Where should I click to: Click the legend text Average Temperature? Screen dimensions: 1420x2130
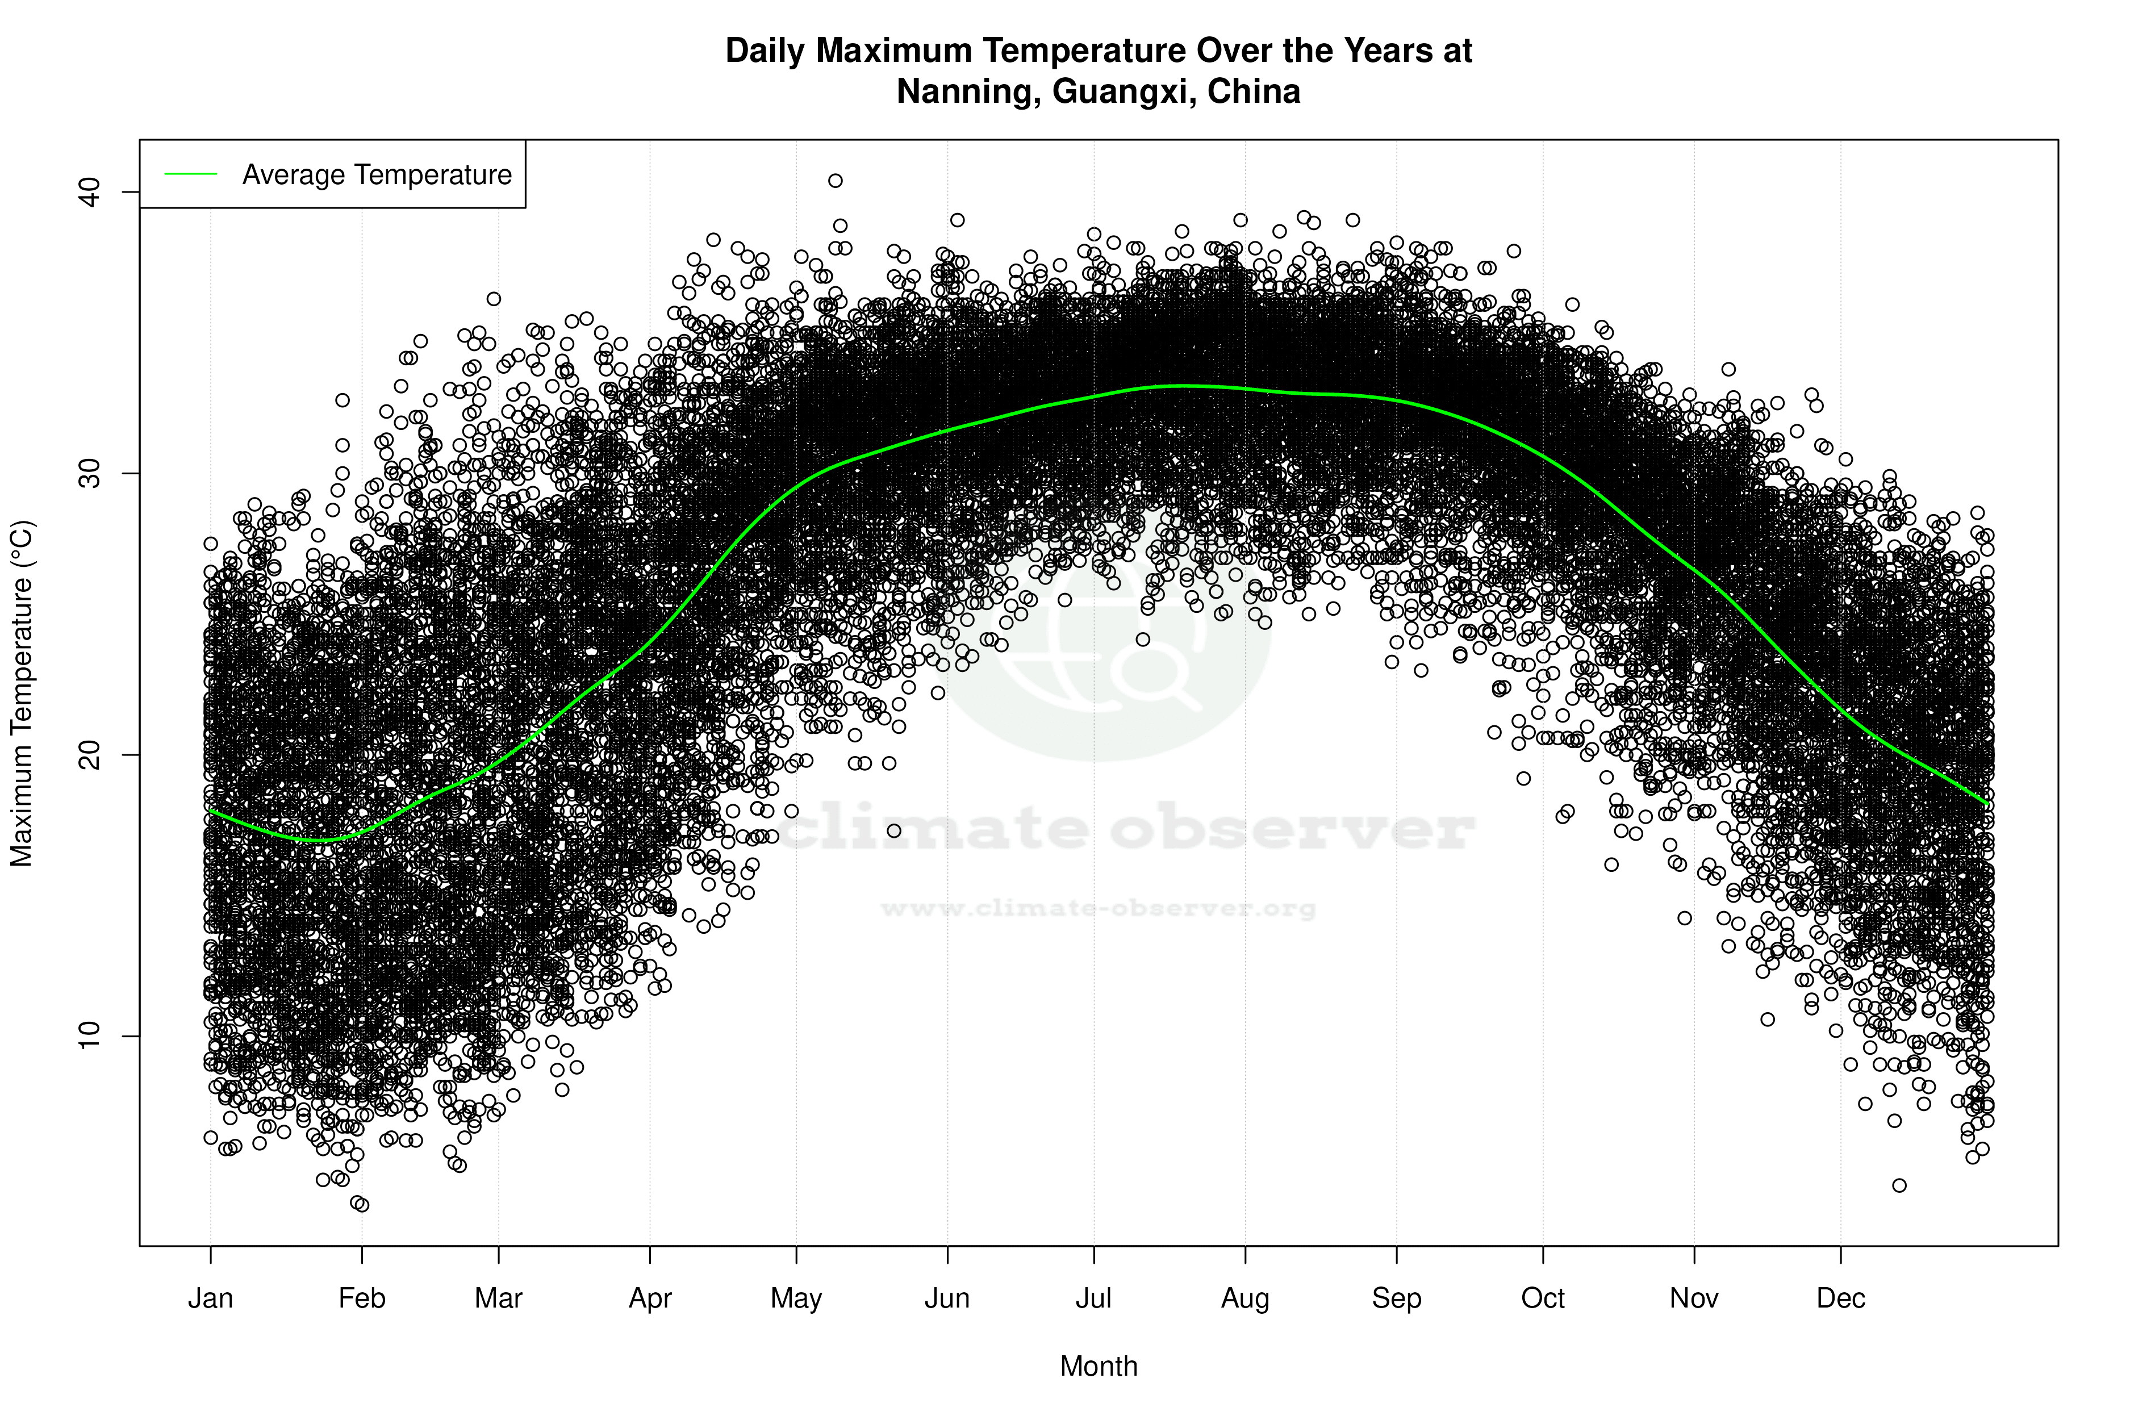377,175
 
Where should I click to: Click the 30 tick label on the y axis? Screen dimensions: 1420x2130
89,474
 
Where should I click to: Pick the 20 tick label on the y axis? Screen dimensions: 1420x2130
89,755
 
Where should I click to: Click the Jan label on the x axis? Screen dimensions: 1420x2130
210,1298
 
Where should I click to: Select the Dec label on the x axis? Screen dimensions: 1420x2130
1840,1298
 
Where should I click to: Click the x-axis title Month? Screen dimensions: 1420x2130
1099,1367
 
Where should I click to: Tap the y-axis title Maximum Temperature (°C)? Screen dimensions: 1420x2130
22,693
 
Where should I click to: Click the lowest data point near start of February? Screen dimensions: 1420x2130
361,1205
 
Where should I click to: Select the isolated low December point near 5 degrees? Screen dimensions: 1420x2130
1899,1185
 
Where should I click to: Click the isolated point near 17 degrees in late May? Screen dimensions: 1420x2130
894,830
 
